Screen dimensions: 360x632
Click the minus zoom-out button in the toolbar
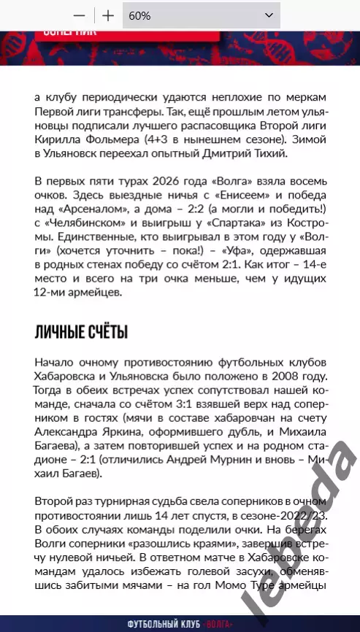(x=80, y=15)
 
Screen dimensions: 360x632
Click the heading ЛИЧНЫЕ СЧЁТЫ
(x=81, y=334)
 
